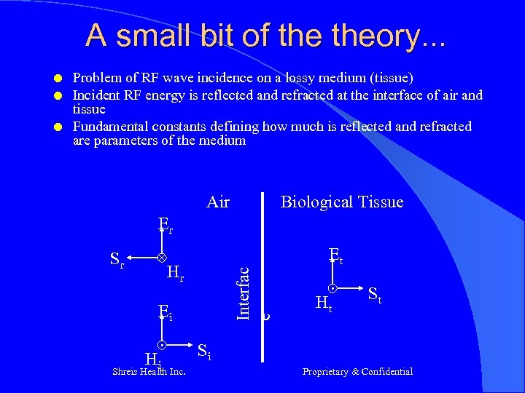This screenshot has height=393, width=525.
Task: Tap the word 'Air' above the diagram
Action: pos(218,202)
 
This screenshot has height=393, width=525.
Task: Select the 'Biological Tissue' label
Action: pos(341,202)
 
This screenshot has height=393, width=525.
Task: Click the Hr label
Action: pos(175,273)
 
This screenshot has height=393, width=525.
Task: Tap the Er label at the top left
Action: pos(166,225)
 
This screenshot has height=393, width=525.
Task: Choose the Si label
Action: pos(204,353)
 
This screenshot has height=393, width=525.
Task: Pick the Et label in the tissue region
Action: pos(336,255)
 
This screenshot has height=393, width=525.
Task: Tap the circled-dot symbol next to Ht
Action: pos(332,288)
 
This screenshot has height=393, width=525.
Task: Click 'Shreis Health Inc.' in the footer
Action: pos(149,372)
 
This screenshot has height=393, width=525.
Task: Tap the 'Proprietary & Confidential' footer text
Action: pos(357,372)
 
